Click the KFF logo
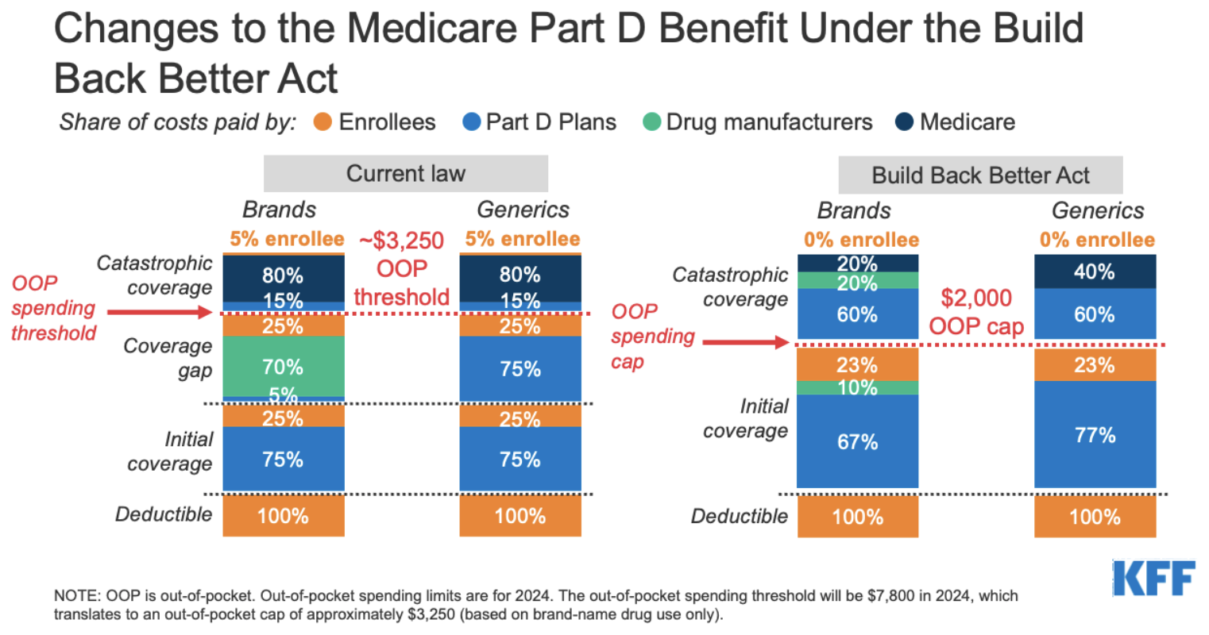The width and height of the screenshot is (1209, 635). pyautogui.click(x=1153, y=579)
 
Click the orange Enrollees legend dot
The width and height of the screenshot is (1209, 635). pyautogui.click(x=323, y=122)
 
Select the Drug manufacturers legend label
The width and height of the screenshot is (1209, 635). pyautogui.click(x=769, y=122)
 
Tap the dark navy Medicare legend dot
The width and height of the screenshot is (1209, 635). pyautogui.click(x=904, y=122)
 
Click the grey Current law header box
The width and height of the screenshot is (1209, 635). pyautogui.click(x=405, y=174)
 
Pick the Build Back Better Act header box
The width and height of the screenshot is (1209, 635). pyautogui.click(x=980, y=175)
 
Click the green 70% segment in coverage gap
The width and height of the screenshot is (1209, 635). pyautogui.click(x=284, y=367)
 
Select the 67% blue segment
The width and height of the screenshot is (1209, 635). pyautogui.click(x=858, y=441)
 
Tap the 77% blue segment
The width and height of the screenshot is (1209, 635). pyautogui.click(x=1095, y=435)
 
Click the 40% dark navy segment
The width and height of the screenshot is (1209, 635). pyautogui.click(x=1095, y=271)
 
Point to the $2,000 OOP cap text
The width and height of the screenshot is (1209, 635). pyautogui.click(x=976, y=312)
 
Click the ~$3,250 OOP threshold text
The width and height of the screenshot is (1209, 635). pyautogui.click(x=402, y=268)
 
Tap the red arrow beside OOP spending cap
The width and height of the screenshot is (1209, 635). pyautogui.click(x=745, y=343)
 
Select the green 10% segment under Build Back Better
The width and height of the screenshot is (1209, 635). pyautogui.click(x=858, y=387)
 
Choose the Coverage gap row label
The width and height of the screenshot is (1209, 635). pyautogui.click(x=168, y=359)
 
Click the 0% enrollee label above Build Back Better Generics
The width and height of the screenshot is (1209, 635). pyautogui.click(x=1096, y=240)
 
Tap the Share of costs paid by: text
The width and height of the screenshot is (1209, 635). pyautogui.click(x=177, y=122)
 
